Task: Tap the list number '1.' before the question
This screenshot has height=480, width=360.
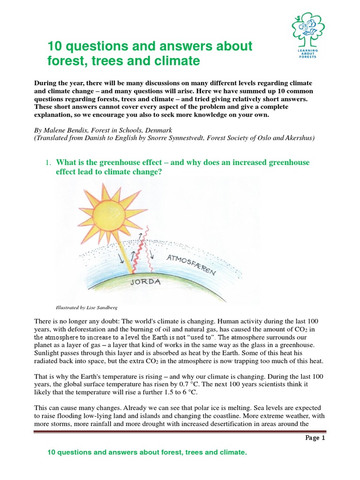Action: (48, 163)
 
